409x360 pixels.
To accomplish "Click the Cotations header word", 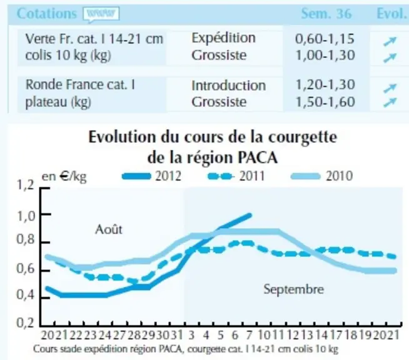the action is click(47, 14).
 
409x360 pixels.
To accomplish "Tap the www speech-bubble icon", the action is click(101, 14).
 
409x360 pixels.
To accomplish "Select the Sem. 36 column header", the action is click(326, 14).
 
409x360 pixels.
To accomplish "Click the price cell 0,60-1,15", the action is click(325, 39).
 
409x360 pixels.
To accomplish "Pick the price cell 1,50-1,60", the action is click(325, 102).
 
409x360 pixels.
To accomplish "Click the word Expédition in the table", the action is click(223, 38).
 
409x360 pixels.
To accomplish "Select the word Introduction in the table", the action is click(229, 86).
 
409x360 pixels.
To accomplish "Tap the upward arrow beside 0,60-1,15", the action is click(390, 41).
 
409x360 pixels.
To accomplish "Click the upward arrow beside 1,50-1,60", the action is click(390, 102).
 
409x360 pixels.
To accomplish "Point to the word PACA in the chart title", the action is click(258, 157).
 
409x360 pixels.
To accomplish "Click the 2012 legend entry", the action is click(151, 176).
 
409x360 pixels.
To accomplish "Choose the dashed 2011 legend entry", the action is click(236, 176).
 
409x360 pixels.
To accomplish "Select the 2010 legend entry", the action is click(322, 176).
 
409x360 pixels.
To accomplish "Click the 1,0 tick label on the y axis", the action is click(26, 216).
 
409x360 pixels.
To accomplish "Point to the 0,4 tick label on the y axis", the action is click(26, 295).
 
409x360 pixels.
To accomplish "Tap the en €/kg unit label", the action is click(64, 177).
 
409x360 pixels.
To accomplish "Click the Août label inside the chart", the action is click(109, 229).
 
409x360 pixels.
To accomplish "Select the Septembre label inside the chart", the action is click(294, 289).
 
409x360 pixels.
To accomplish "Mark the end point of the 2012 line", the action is click(250, 216).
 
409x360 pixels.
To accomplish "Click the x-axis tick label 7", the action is click(250, 335).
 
